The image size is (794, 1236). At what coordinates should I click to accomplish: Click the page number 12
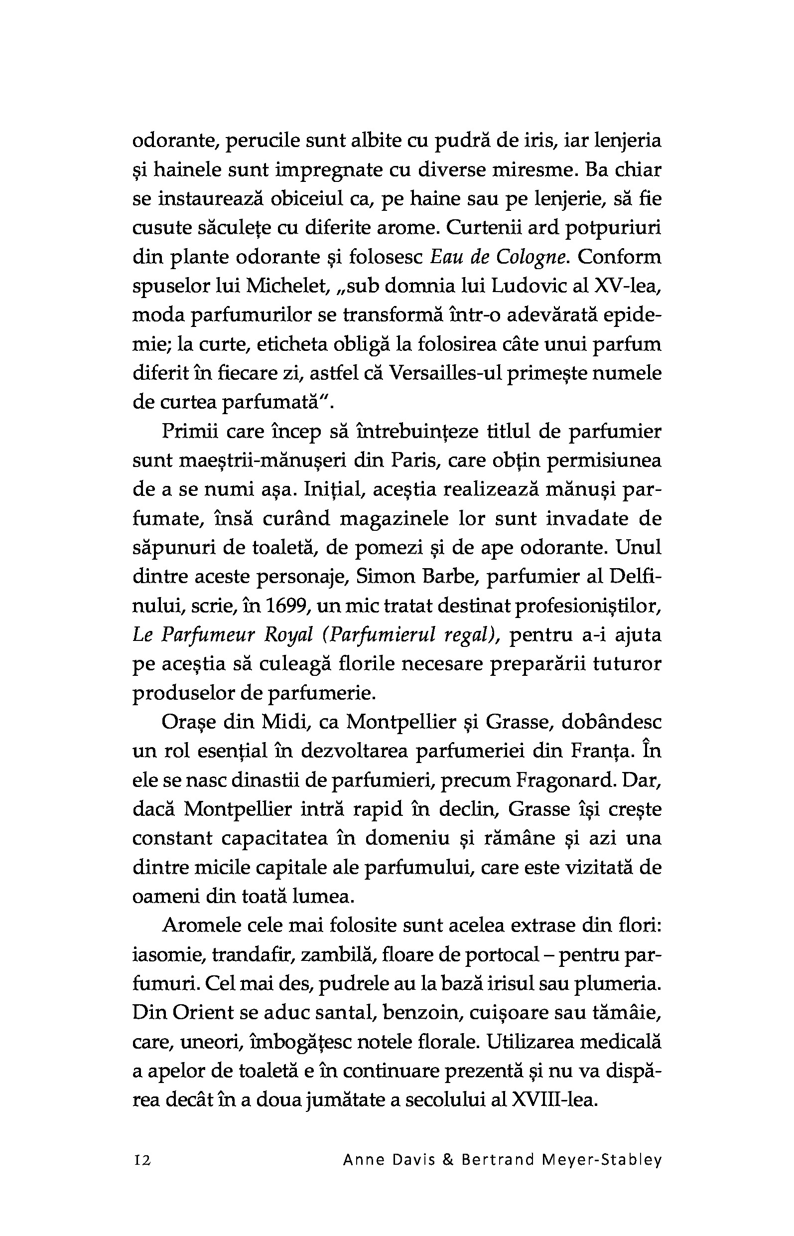click(x=142, y=1160)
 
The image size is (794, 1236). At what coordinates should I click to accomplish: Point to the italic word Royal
click(x=289, y=635)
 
